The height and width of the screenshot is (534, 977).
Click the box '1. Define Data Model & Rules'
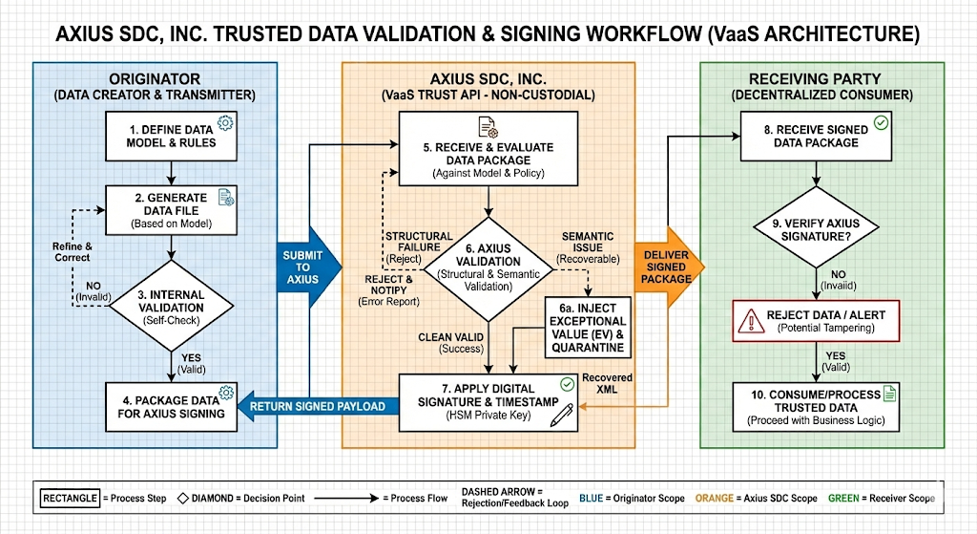[171, 135]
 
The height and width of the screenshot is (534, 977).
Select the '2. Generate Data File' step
[171, 208]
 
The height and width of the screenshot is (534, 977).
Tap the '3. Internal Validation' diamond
[171, 306]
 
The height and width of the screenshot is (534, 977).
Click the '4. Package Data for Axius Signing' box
[171, 406]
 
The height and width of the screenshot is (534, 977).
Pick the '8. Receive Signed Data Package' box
[817, 136]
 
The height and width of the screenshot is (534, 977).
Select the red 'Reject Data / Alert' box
[817, 320]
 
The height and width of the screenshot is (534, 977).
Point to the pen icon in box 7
[562, 414]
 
